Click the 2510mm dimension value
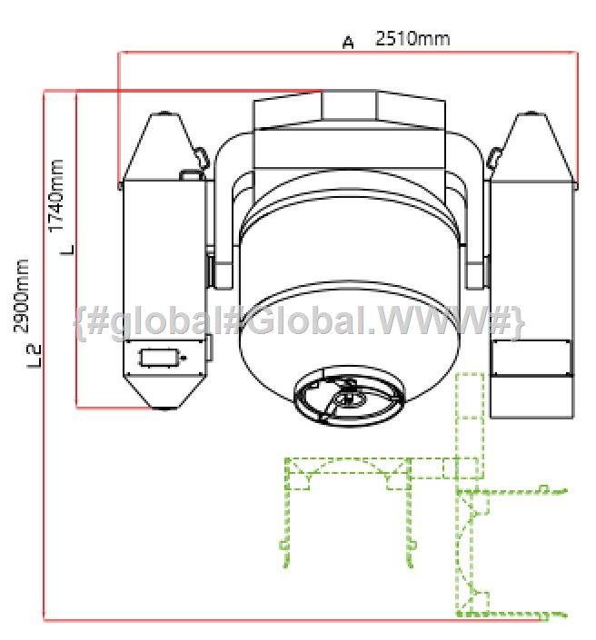point(412,38)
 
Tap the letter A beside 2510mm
point(348,43)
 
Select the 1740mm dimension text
point(56,195)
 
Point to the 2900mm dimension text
point(22,296)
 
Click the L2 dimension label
point(35,357)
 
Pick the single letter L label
point(68,250)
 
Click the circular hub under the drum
point(350,397)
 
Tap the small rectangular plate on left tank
point(160,358)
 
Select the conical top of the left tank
point(164,146)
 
